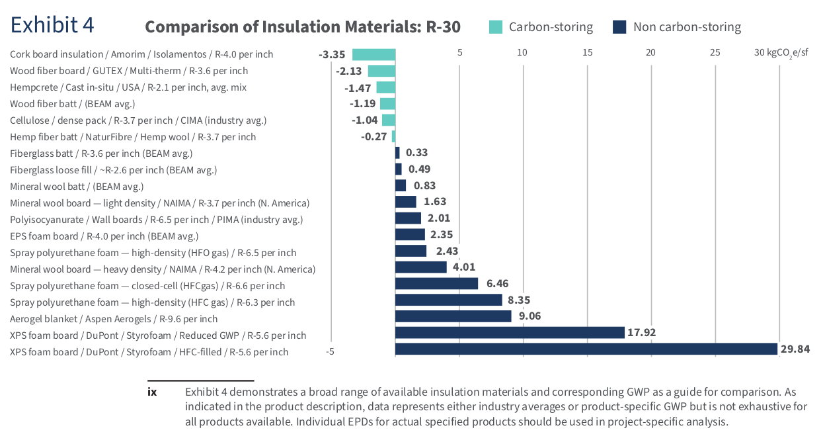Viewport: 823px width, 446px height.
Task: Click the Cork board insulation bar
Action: (x=373, y=54)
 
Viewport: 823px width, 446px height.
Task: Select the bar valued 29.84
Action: (x=586, y=349)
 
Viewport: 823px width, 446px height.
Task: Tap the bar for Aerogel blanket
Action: (x=453, y=316)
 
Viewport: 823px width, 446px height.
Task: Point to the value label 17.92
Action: (x=641, y=332)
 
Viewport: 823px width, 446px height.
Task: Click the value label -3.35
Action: (x=332, y=54)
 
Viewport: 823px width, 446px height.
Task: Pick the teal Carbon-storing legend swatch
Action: (x=495, y=27)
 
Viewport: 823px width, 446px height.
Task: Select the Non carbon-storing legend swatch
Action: (x=619, y=27)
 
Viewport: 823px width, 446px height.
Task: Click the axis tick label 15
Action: (x=587, y=52)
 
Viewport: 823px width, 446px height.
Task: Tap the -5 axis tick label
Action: (x=330, y=351)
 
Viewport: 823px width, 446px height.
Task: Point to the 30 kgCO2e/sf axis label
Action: (x=781, y=52)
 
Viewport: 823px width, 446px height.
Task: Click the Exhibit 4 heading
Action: (x=52, y=24)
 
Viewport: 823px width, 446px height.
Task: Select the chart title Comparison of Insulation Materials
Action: (x=302, y=27)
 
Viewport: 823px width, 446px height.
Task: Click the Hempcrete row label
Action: (x=128, y=87)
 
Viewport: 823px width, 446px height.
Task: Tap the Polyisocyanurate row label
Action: (x=156, y=220)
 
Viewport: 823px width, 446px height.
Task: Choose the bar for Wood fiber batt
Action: (x=387, y=103)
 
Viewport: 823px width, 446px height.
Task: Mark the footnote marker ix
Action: (x=152, y=392)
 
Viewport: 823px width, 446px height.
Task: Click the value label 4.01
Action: (x=463, y=267)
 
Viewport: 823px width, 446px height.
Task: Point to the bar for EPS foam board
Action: (x=410, y=234)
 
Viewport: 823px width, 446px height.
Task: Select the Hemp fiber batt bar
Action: (x=393, y=136)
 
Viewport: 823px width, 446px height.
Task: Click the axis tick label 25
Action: (x=715, y=52)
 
